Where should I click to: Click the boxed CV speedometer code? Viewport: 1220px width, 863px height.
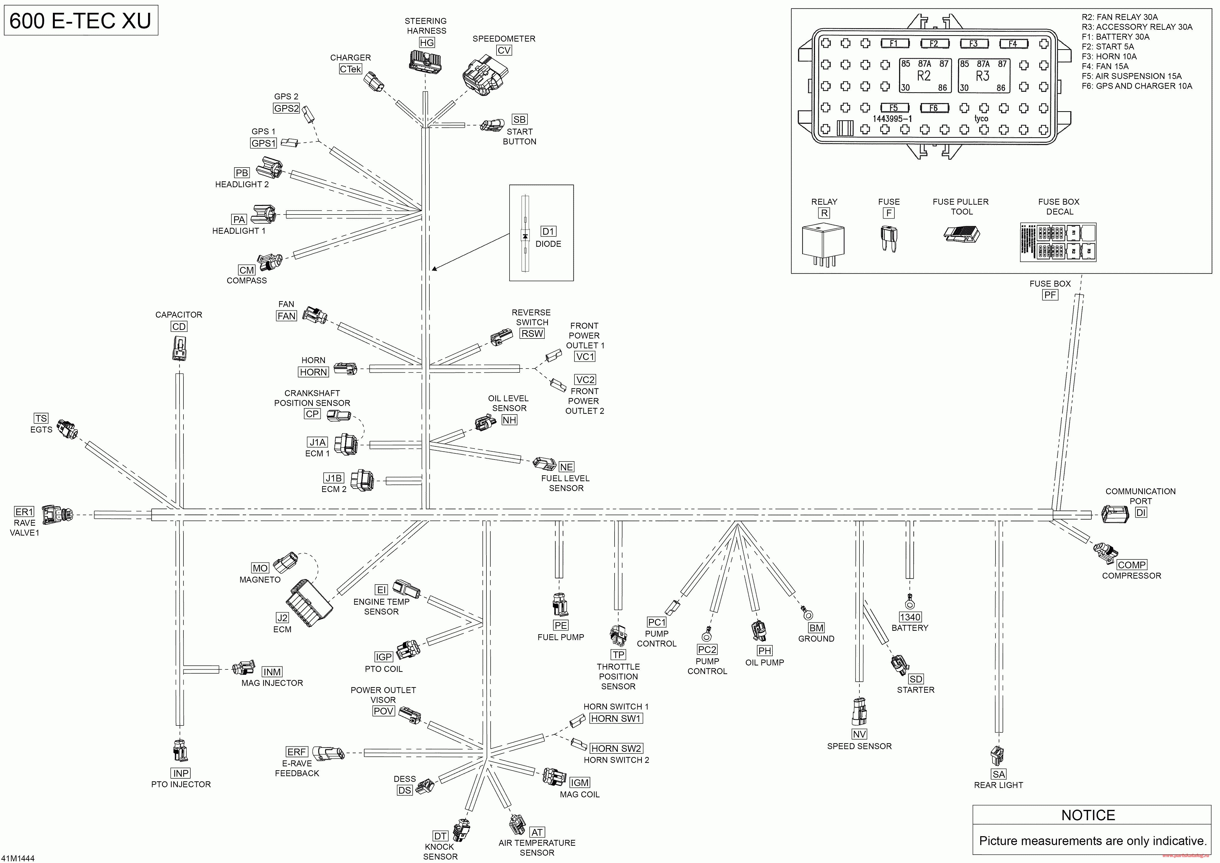(504, 50)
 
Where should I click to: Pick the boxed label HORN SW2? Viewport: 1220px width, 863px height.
(616, 748)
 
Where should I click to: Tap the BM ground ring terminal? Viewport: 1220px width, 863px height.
(808, 615)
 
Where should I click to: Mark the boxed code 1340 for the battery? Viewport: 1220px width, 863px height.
(910, 617)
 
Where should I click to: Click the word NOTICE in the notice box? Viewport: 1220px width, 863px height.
(1088, 815)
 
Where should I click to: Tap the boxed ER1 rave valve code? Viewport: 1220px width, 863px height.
(24, 512)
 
